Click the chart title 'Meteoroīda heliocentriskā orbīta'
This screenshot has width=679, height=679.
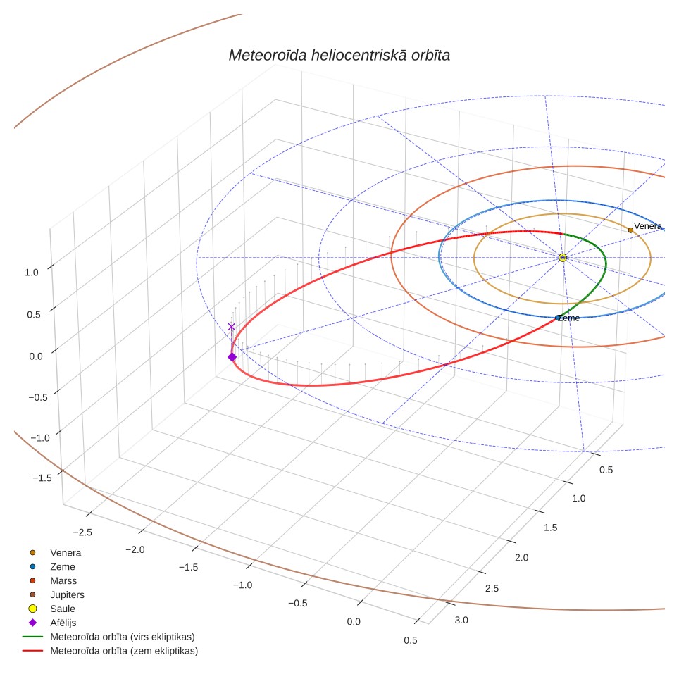coord(339,56)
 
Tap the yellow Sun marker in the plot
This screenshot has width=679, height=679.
coord(563,258)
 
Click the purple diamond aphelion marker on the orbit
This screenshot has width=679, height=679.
coord(232,357)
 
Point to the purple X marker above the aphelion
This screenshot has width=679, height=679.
coord(232,327)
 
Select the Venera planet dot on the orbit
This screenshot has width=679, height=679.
coord(630,230)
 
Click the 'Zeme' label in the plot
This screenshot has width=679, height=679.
coord(568,318)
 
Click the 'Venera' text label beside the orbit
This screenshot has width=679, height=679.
coord(648,226)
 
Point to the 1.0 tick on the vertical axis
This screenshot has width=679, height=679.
coord(32,273)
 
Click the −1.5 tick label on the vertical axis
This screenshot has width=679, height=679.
coord(42,478)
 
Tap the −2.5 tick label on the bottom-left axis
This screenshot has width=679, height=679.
coord(82,532)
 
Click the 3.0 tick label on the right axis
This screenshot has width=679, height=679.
coord(461,620)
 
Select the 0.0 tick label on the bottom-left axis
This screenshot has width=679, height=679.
coord(354,622)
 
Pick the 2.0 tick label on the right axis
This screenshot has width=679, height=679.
coord(522,558)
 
